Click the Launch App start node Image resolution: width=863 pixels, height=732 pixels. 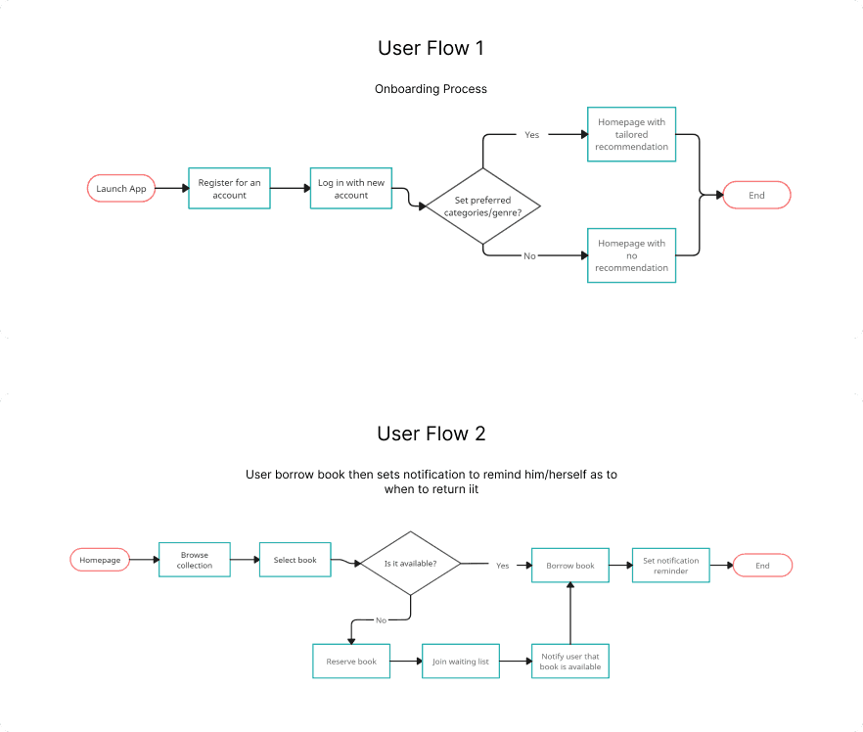[121, 188]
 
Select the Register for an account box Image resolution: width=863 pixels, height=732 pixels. [230, 188]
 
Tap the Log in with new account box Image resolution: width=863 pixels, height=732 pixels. [351, 188]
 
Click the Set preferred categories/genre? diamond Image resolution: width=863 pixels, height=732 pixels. [482, 206]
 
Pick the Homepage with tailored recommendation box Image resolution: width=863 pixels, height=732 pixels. [631, 134]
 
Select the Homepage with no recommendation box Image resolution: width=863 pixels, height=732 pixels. [631, 255]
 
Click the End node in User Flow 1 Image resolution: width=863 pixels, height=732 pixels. [756, 195]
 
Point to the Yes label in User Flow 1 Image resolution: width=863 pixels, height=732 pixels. [531, 135]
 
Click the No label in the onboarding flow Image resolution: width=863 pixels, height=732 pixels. [529, 256]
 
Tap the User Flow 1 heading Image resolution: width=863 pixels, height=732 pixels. [431, 48]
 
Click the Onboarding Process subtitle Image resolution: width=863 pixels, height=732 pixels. [431, 89]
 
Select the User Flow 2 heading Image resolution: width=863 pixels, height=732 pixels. [431, 434]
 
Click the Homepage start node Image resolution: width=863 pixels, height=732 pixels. [100, 560]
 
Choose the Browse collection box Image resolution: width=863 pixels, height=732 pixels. [195, 560]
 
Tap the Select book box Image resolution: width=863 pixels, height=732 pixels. [295, 560]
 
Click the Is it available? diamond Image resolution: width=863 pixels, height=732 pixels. [411, 563]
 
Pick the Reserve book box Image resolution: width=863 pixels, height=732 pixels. [351, 661]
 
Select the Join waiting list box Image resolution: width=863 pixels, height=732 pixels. [461, 661]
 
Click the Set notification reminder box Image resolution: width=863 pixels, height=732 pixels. [671, 566]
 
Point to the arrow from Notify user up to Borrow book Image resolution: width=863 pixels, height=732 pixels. [570, 614]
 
